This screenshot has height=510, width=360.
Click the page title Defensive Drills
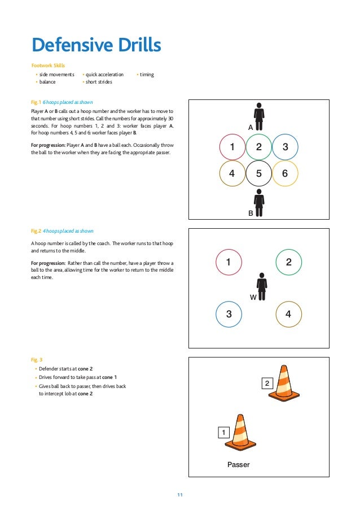[x=96, y=45]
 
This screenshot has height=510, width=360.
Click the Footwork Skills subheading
[x=48, y=66]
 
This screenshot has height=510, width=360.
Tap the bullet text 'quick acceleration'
[x=104, y=75]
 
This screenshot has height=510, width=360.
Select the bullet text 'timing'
[x=147, y=75]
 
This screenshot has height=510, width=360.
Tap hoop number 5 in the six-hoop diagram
[x=258, y=173]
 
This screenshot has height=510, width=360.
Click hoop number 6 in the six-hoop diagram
[x=285, y=173]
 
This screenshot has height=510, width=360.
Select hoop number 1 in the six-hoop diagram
[x=232, y=147]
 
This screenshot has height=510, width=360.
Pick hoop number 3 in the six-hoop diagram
[x=285, y=147]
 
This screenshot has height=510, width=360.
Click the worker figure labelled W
[x=261, y=286]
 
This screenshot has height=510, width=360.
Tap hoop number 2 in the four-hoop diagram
[x=288, y=262]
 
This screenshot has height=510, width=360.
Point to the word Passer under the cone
[x=238, y=465]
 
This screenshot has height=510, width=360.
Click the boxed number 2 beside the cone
[x=267, y=384]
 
